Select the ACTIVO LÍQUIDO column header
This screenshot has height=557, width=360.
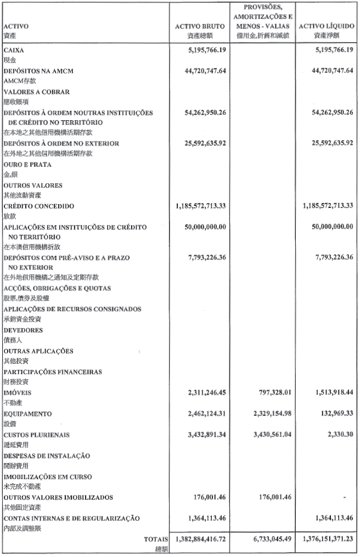(x=325, y=26)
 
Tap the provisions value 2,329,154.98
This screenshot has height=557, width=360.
(x=266, y=414)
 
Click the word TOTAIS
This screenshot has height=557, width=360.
(x=155, y=539)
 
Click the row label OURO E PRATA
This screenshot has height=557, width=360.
(x=27, y=165)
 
